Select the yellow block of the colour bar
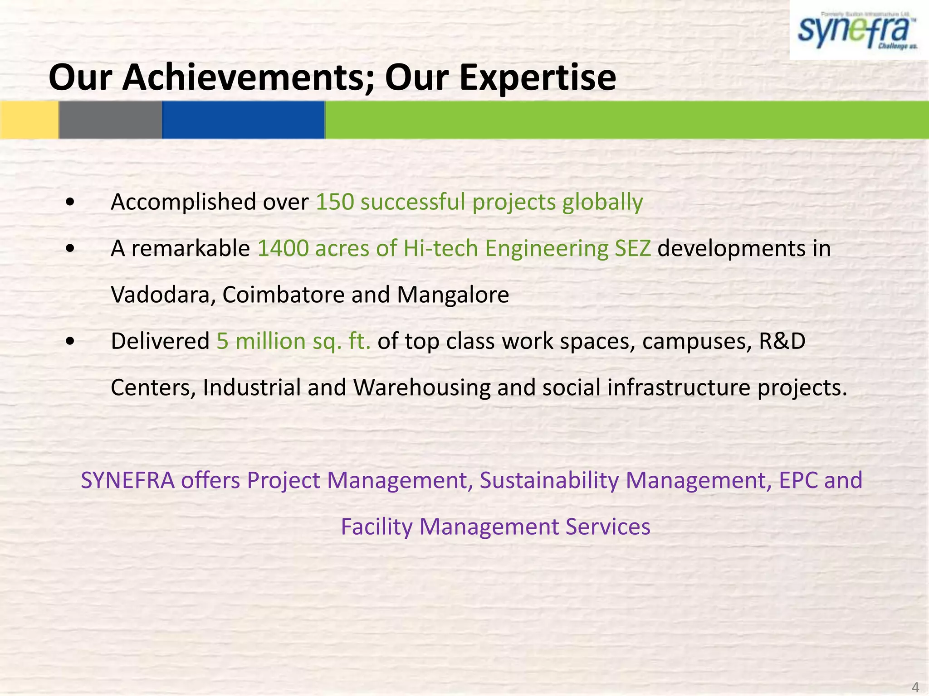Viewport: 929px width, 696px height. coord(29,120)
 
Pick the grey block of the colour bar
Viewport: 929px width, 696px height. coord(110,120)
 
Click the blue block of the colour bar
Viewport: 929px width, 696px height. coord(243,120)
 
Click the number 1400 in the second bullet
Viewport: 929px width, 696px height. coord(283,248)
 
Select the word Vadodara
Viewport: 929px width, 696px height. coord(163,295)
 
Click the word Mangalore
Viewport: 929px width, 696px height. coord(453,295)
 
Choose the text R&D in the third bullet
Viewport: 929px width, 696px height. coord(782,341)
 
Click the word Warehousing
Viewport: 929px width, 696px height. coord(422,388)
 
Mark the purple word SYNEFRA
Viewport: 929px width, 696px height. coord(127,480)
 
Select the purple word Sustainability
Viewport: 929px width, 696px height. coord(549,480)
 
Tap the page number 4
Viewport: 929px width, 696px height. coord(915,687)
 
